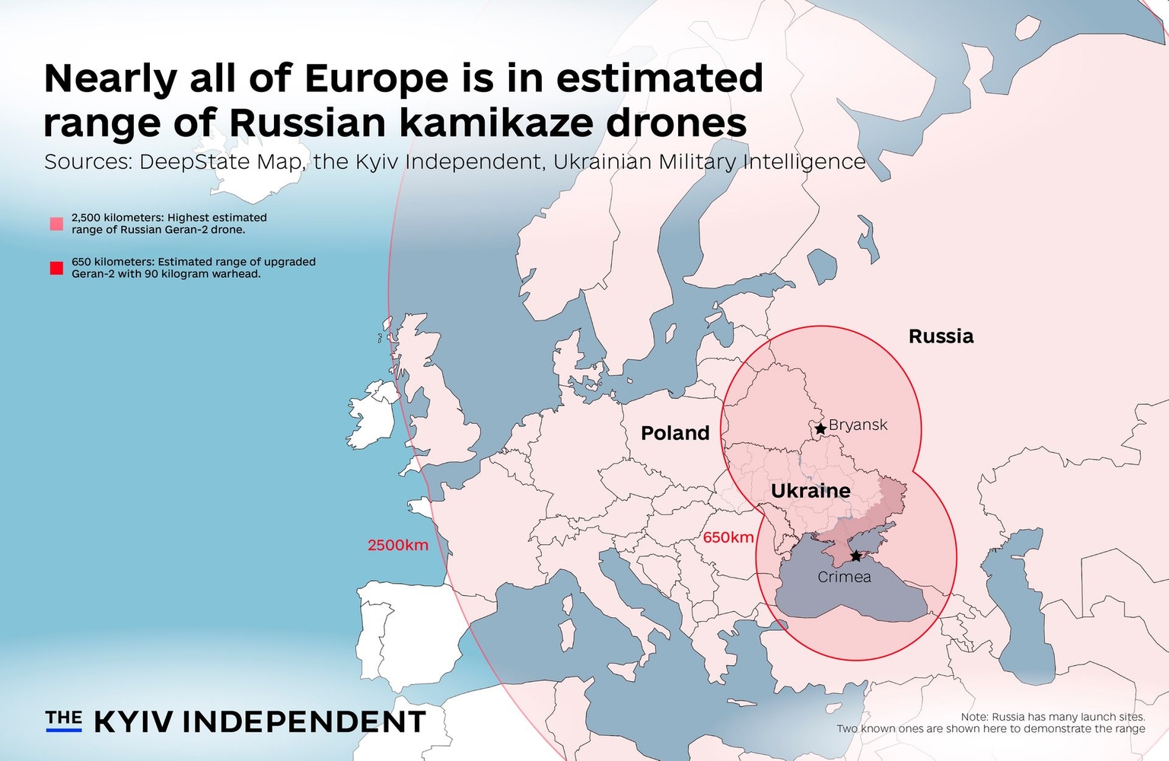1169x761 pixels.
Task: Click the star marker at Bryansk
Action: pyautogui.click(x=820, y=429)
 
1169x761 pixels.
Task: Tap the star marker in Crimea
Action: pyautogui.click(x=856, y=556)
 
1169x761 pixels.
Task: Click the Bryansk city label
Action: pyautogui.click(x=858, y=425)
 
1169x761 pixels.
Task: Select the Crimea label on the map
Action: pyautogui.click(x=844, y=577)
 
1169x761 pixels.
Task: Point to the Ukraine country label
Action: pyautogui.click(x=811, y=491)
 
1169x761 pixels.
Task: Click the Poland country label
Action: pyautogui.click(x=675, y=433)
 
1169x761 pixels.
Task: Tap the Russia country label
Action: pyautogui.click(x=941, y=336)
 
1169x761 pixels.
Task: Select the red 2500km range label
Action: pyautogui.click(x=397, y=545)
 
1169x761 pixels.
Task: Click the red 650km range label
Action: pyautogui.click(x=728, y=537)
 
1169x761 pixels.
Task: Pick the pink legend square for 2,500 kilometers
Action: pyautogui.click(x=56, y=224)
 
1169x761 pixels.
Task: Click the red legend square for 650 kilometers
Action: pyautogui.click(x=56, y=268)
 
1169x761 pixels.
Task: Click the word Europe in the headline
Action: pyautogui.click(x=376, y=78)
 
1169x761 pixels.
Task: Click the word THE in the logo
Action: pyautogui.click(x=64, y=718)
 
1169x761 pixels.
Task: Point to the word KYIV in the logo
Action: pyautogui.click(x=134, y=721)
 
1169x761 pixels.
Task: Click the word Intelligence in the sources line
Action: pyautogui.click(x=804, y=162)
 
